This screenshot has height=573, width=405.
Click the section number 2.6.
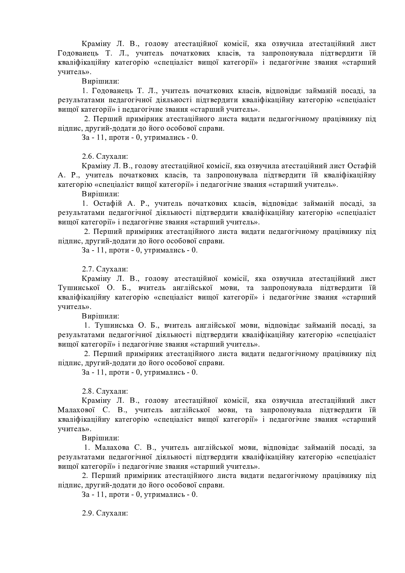[88, 156]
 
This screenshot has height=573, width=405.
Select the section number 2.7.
[88, 269]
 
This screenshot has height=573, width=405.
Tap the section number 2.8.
[88, 391]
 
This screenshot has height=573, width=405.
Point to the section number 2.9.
[88, 513]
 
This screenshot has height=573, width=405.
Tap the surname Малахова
[113, 447]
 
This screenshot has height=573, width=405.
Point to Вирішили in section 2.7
[100, 316]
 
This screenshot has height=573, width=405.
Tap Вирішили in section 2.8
[100, 438]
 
